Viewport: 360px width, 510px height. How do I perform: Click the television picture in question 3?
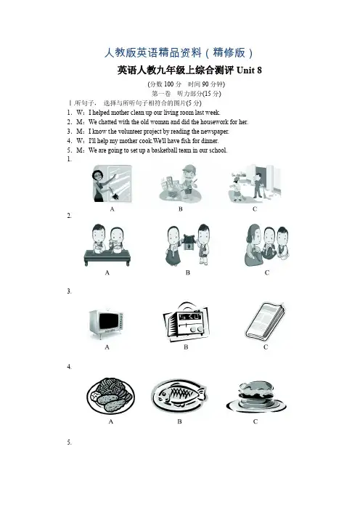106,324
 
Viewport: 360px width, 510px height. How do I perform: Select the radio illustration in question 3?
186,322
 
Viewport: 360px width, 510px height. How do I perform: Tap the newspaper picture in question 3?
265,321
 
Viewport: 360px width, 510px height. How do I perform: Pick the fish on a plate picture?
179,395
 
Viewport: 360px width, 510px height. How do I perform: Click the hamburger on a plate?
256,397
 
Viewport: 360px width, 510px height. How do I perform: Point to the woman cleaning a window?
112,184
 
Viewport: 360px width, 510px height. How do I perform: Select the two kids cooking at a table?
107,245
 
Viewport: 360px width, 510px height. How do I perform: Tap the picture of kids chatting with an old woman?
267,245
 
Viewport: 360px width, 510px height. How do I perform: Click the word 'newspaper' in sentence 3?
214,131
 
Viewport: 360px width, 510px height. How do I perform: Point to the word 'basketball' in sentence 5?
165,150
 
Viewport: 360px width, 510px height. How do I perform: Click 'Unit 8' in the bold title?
249,70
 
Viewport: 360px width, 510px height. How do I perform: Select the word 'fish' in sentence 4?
186,141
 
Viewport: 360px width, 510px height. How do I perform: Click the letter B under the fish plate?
179,421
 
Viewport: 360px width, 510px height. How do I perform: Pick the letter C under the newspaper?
266,347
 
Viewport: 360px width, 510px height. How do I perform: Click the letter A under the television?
107,347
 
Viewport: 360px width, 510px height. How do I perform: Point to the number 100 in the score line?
168,84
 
